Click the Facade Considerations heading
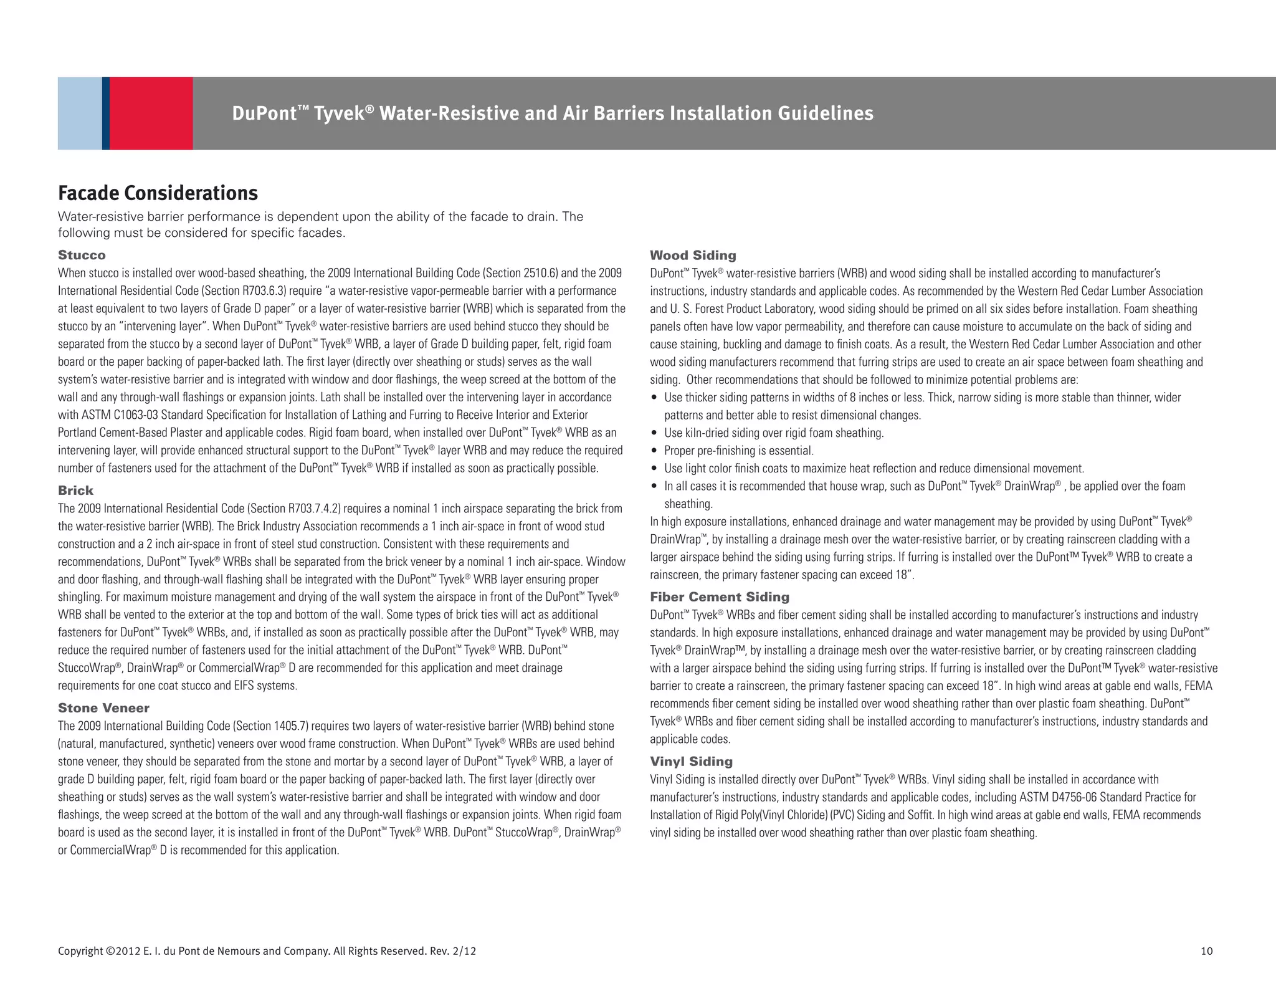158,193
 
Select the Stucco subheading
82,255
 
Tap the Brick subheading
75,491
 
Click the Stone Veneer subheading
103,708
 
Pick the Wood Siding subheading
693,255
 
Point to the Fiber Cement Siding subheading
719,597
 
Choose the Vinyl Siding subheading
691,762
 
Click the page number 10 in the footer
1206,951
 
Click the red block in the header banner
151,113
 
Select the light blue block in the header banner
80,113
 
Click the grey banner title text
552,113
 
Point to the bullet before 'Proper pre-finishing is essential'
654,451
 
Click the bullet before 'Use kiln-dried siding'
654,433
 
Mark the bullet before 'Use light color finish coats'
654,469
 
